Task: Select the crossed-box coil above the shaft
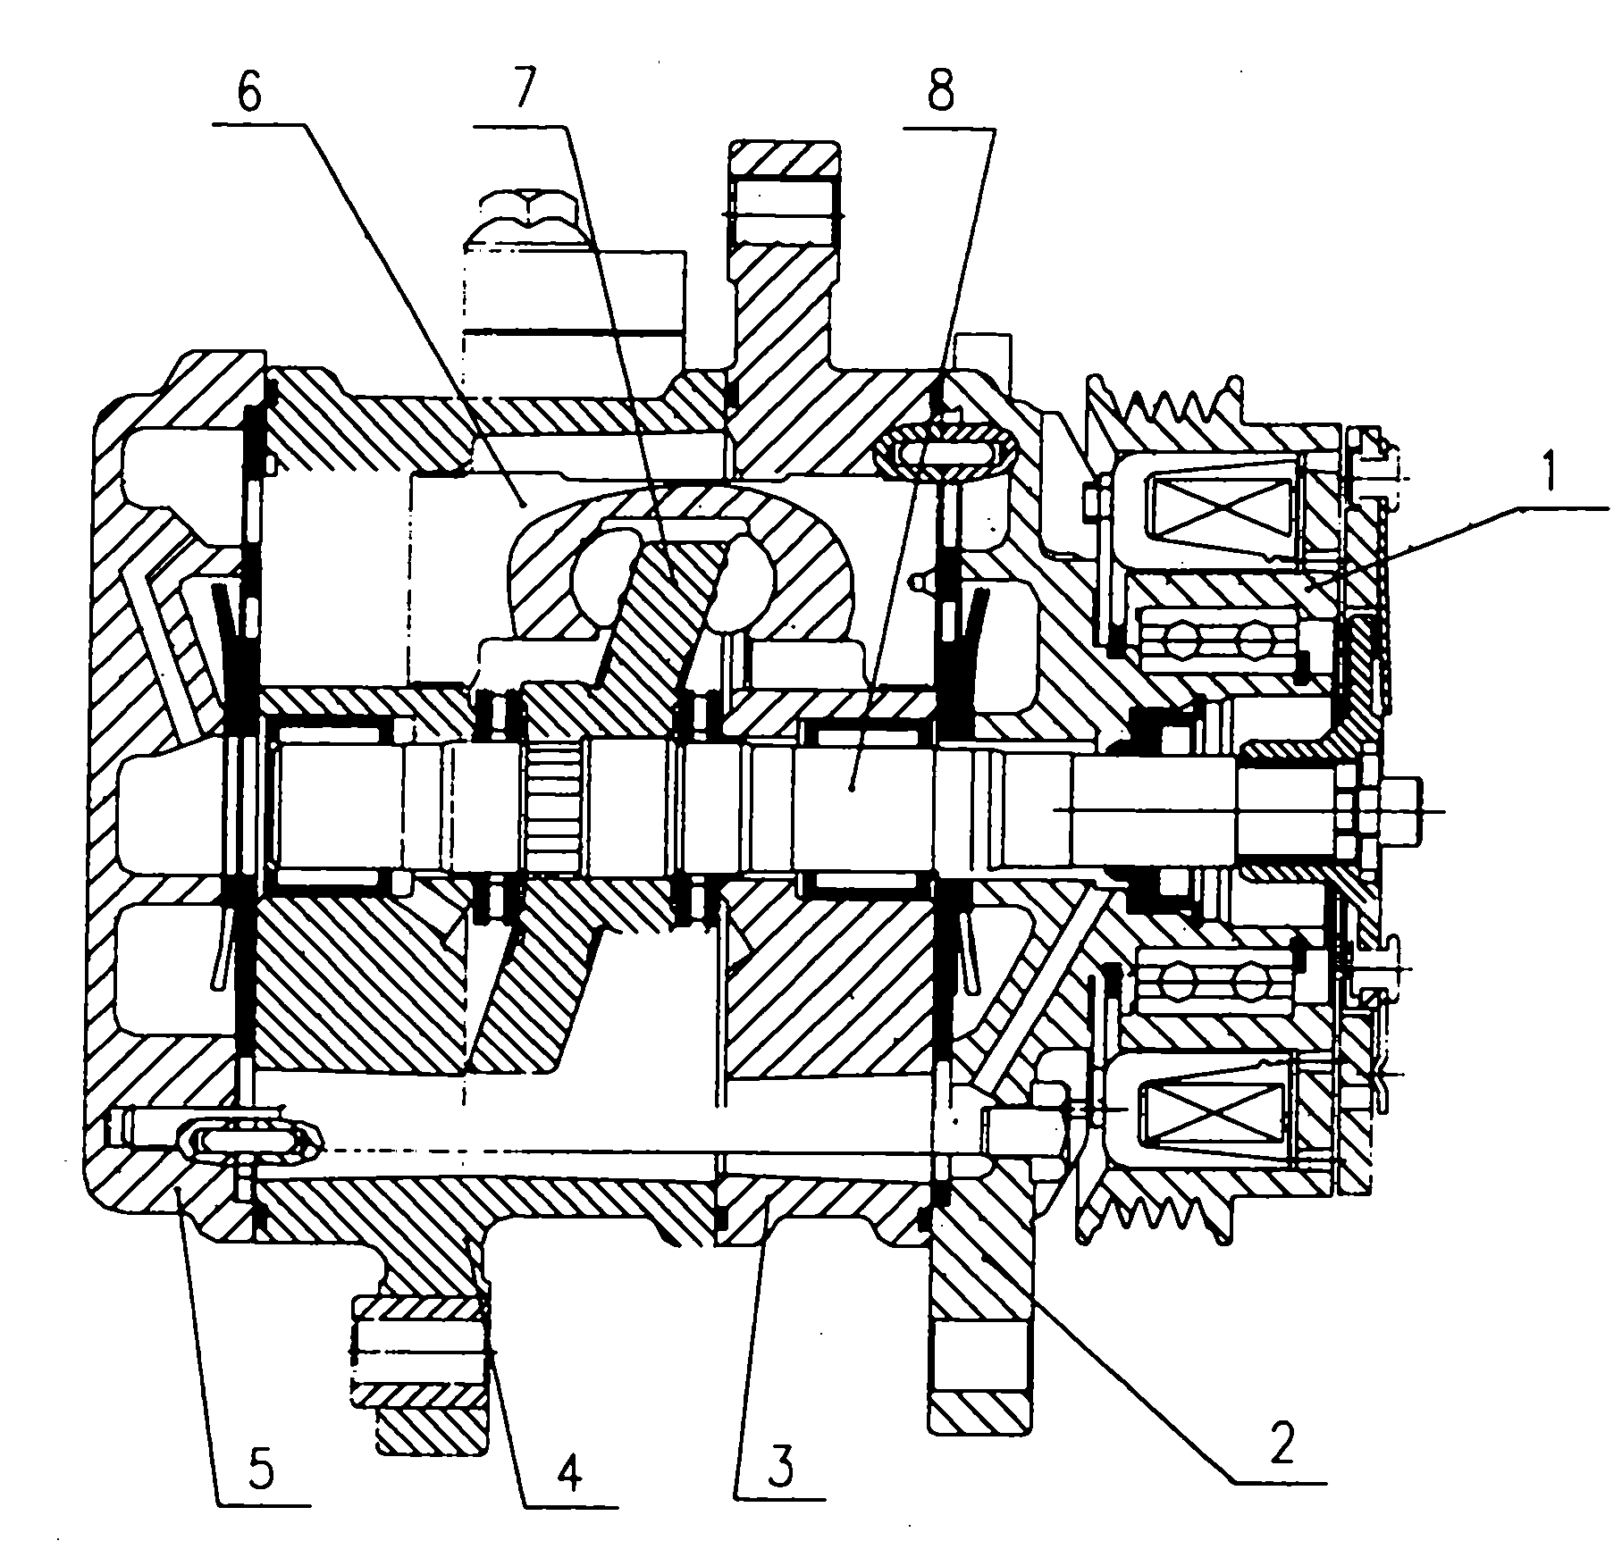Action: point(1221,510)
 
